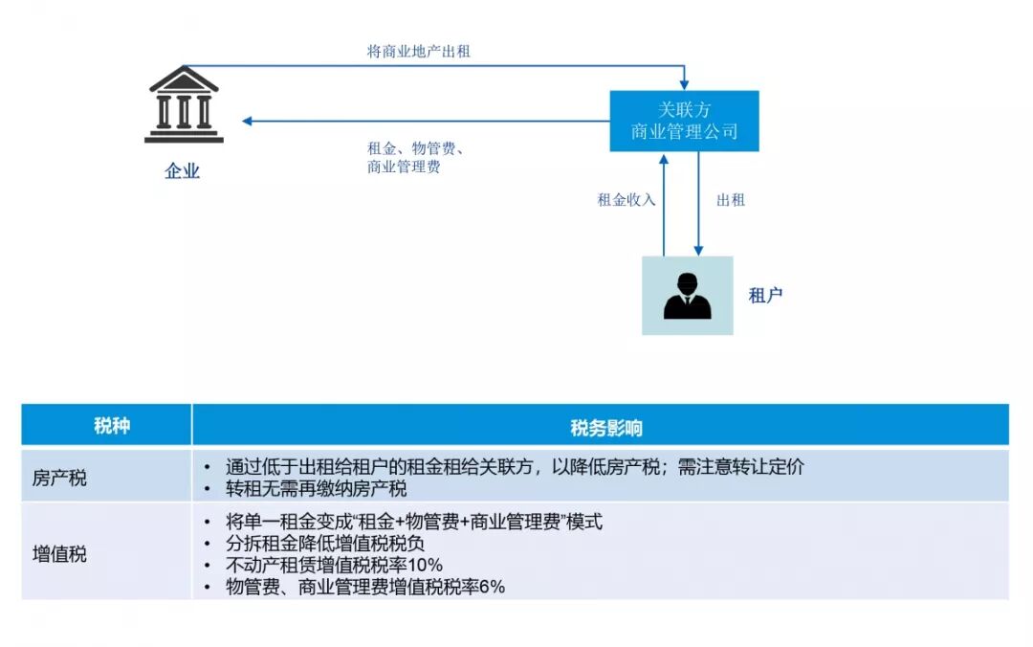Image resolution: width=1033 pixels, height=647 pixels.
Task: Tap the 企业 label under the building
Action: point(183,171)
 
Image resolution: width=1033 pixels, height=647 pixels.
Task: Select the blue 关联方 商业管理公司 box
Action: point(684,121)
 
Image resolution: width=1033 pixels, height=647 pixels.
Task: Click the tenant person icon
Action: point(687,295)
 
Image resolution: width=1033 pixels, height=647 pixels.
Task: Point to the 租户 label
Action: point(765,295)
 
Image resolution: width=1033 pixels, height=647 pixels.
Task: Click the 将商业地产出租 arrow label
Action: point(419,52)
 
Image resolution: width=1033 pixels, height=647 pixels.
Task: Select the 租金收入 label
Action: point(626,200)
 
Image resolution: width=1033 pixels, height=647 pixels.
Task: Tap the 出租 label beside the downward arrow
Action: point(731,200)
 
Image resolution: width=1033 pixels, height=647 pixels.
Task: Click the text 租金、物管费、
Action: point(415,148)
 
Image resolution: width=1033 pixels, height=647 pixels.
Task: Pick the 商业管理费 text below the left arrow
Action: point(404,167)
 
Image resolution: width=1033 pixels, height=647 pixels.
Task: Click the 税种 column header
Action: point(106,426)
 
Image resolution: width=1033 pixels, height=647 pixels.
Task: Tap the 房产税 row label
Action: point(59,477)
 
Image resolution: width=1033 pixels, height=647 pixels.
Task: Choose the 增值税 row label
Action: point(59,553)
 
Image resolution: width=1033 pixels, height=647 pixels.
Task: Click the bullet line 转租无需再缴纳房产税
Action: point(317,489)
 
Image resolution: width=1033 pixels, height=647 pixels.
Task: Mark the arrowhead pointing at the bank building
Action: point(247,122)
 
